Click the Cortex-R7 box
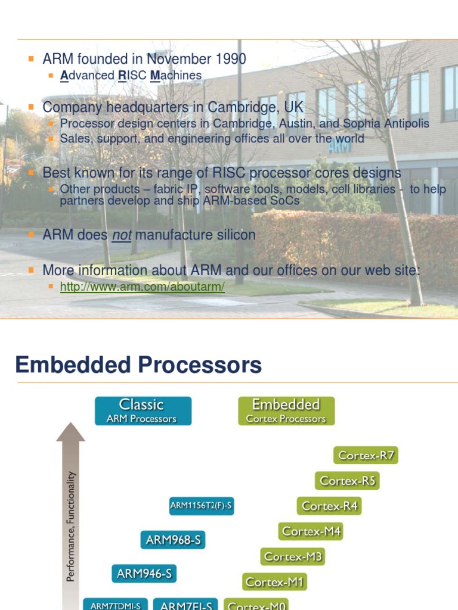(x=365, y=456)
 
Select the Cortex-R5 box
(x=347, y=481)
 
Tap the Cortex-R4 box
(x=329, y=506)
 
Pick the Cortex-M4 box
(x=311, y=531)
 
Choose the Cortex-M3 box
(x=293, y=557)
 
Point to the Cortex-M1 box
(x=275, y=582)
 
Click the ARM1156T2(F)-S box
(x=201, y=506)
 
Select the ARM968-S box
(x=174, y=541)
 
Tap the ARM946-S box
(x=144, y=574)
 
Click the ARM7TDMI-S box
(x=116, y=605)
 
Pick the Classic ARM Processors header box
(x=143, y=411)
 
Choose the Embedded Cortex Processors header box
(x=286, y=411)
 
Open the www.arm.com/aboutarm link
(x=143, y=287)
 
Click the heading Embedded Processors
(x=138, y=365)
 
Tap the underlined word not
(x=121, y=235)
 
